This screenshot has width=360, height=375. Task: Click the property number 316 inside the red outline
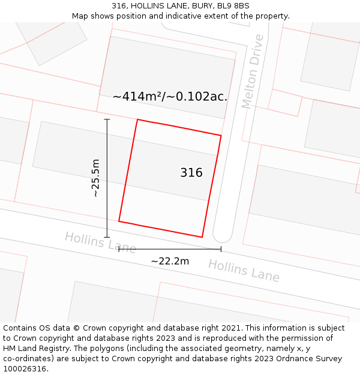pyautogui.click(x=191, y=173)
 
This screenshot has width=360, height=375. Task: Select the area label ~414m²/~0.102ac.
pyautogui.click(x=170, y=97)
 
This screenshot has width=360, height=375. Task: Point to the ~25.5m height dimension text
pyautogui.click(x=95, y=178)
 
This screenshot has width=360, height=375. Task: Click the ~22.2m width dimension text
pyautogui.click(x=170, y=262)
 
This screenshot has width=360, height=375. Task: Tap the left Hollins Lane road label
pyautogui.click(x=100, y=242)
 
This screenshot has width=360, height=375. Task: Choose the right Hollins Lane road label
pyautogui.click(x=244, y=271)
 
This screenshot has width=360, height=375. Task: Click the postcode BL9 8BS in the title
pyautogui.click(x=232, y=6)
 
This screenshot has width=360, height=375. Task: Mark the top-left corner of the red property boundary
pyautogui.click(x=137, y=119)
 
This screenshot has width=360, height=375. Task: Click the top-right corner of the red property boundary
pyautogui.click(x=221, y=136)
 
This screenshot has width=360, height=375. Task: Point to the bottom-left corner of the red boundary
pyautogui.click(x=119, y=221)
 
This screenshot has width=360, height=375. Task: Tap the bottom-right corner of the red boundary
pyautogui.click(x=202, y=237)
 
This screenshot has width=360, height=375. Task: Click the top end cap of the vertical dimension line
pyautogui.click(x=107, y=119)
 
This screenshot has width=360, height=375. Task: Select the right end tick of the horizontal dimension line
pyautogui.click(x=221, y=249)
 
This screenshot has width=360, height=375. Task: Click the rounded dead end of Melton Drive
pyautogui.click(x=223, y=235)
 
